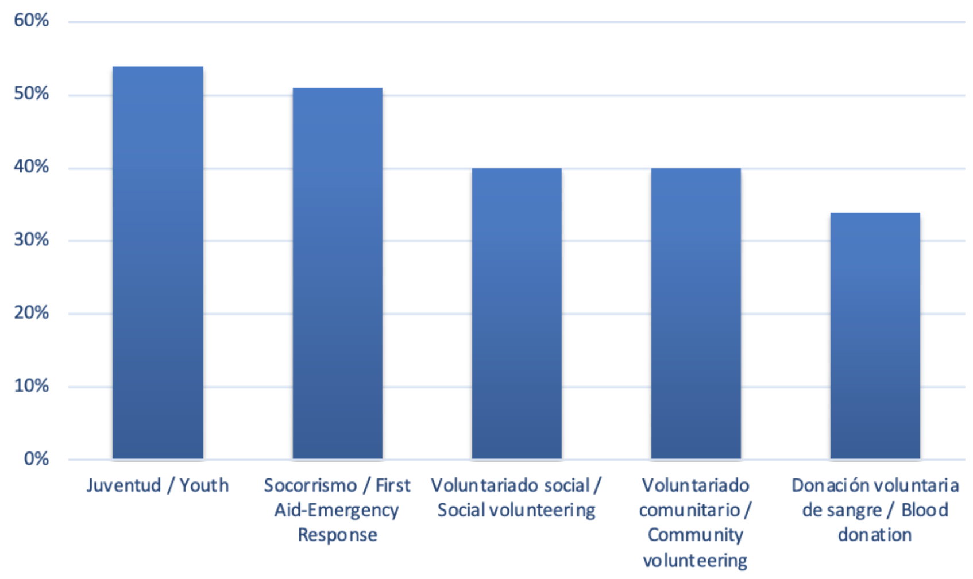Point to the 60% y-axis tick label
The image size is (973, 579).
31,21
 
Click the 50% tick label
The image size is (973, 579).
31,94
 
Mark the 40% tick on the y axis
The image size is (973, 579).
31,167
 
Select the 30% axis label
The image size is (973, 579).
31,240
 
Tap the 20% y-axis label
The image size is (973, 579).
31,312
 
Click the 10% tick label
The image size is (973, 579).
31,385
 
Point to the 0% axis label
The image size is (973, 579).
36,458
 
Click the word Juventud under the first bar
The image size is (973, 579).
123,486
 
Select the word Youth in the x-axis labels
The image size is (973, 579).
204,485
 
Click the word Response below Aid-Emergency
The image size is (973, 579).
337,535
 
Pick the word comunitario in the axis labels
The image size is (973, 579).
689,510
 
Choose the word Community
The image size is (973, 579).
695,535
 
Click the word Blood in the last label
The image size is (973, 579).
924,510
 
